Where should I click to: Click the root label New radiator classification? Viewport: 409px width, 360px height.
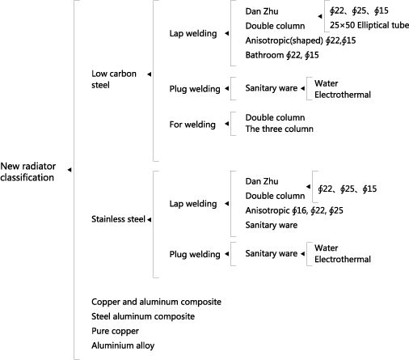(x=28, y=172)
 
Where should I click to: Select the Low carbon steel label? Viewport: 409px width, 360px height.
(x=114, y=79)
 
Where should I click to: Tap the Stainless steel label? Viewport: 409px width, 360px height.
(x=118, y=219)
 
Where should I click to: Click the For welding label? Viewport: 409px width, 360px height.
(x=192, y=125)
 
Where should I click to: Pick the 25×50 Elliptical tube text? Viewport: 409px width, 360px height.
(x=369, y=25)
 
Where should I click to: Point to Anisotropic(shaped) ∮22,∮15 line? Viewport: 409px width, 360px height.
(x=301, y=40)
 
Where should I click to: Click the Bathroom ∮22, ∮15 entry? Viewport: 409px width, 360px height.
(x=282, y=55)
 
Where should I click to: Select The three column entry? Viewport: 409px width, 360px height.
(x=279, y=129)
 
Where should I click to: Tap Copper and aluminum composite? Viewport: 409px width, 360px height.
(x=156, y=302)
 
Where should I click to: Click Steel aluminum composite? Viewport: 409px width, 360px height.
(x=143, y=316)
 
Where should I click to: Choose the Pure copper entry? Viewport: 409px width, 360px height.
(x=115, y=331)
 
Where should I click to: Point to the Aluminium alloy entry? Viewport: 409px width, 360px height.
(x=123, y=345)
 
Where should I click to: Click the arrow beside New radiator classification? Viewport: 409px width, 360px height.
(x=70, y=170)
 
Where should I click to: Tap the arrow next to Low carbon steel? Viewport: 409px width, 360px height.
(x=150, y=74)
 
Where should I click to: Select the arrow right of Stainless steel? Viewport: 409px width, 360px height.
(x=150, y=219)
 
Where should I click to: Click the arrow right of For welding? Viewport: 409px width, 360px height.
(x=227, y=124)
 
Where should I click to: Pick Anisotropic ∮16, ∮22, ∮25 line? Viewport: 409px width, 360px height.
(x=294, y=210)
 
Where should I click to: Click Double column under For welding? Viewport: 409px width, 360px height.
(x=275, y=117)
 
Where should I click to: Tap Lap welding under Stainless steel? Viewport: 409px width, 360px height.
(x=193, y=204)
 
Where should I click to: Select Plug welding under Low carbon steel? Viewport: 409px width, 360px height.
(x=195, y=89)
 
